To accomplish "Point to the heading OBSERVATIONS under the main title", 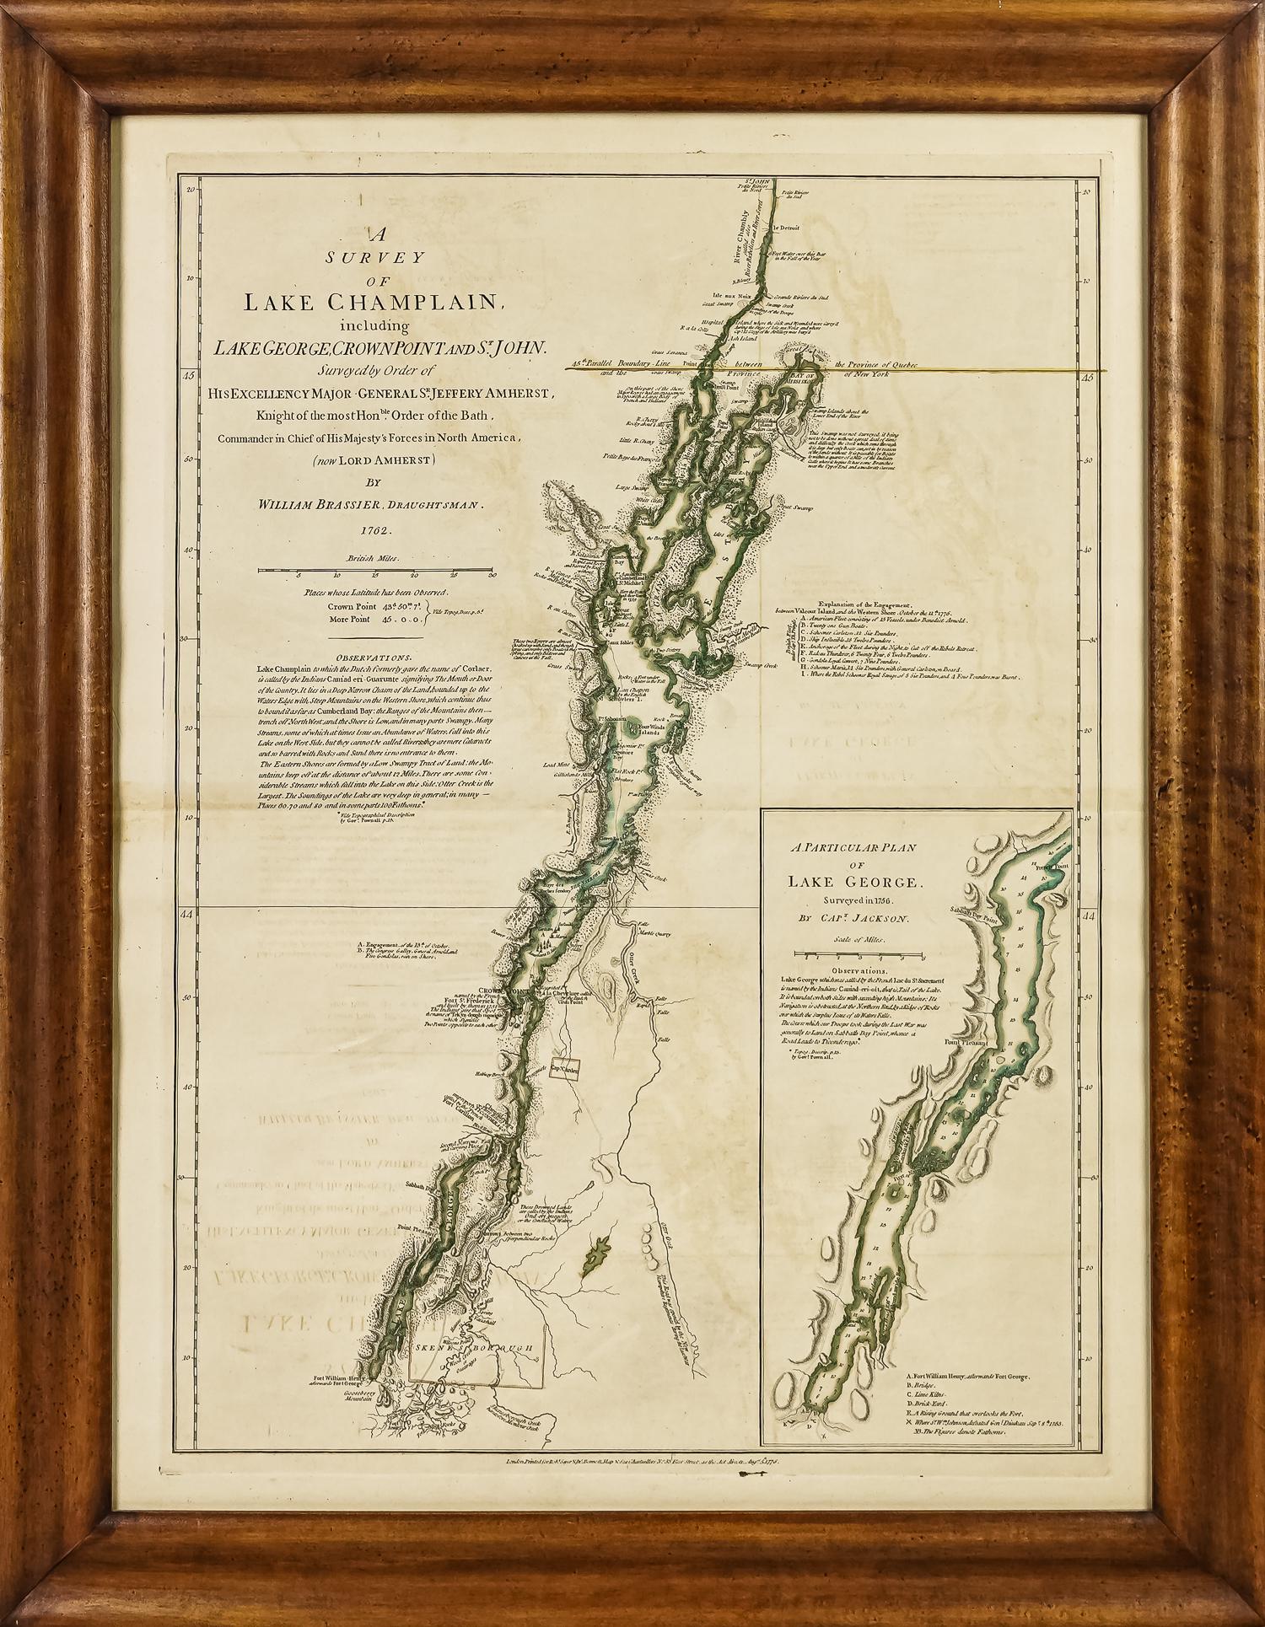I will tap(374, 658).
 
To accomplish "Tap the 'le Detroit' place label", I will tap(788, 228).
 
